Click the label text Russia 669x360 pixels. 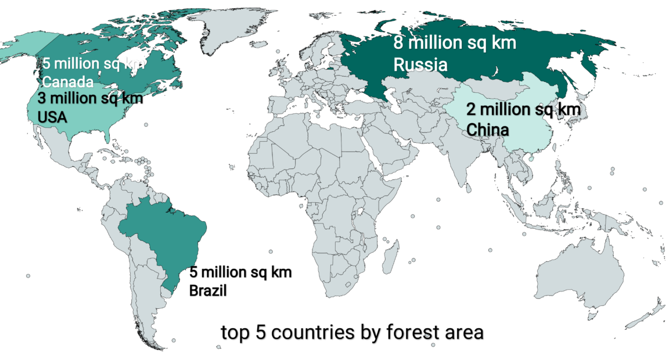coord(420,64)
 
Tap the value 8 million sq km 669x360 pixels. coord(455,44)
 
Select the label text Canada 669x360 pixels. coord(67,81)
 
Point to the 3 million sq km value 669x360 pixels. coord(90,98)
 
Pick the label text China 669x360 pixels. coord(488,129)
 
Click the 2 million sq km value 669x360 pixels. coord(523,110)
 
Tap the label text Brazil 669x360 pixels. coord(208,290)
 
